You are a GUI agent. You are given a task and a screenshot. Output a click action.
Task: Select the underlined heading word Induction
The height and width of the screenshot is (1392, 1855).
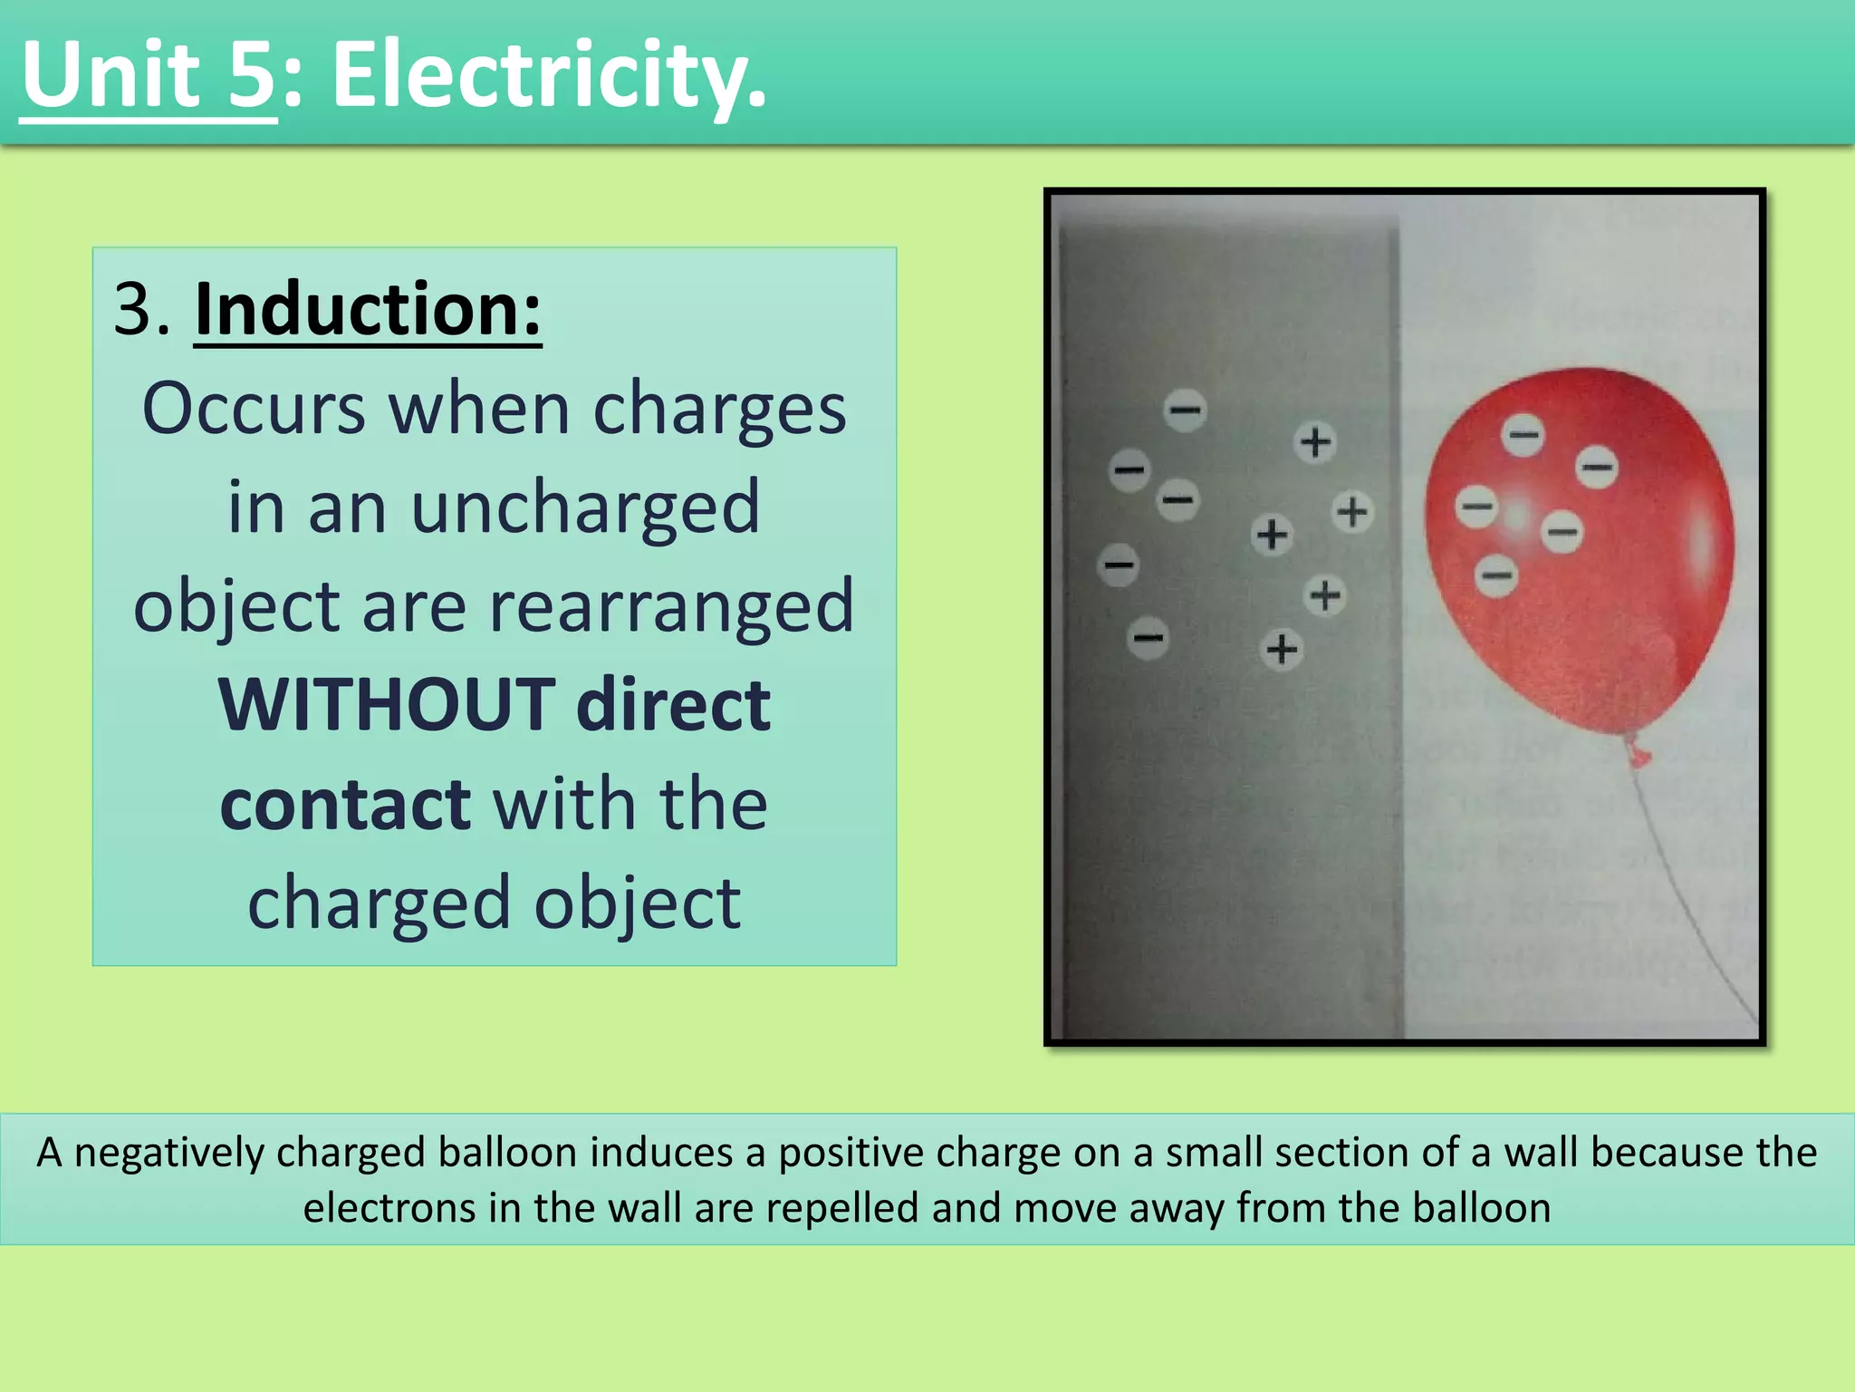pos(368,310)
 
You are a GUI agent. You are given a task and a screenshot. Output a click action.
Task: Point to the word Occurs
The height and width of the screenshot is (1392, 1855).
pos(254,410)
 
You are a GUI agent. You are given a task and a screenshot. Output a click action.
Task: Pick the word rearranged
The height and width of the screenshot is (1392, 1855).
pos(671,606)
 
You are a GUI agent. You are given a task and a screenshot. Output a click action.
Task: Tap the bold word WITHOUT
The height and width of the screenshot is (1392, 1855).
pos(387,705)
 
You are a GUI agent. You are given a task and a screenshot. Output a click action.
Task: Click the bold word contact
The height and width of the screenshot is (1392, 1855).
pos(345,804)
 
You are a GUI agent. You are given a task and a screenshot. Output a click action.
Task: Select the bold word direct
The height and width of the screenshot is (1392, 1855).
pos(673,705)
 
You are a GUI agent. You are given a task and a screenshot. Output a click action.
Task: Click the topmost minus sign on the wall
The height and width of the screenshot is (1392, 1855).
pos(1185,411)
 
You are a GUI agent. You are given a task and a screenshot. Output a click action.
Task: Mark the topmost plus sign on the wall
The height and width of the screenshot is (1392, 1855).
pos(1315,442)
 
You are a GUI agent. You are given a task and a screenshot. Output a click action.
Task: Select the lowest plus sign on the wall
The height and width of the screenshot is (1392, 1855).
pos(1282,649)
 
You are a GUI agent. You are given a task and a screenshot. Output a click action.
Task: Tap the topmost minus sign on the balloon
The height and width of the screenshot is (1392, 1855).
pos(1523,435)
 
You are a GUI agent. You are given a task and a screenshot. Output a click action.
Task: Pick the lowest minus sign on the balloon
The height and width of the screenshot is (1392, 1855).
pos(1496,575)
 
